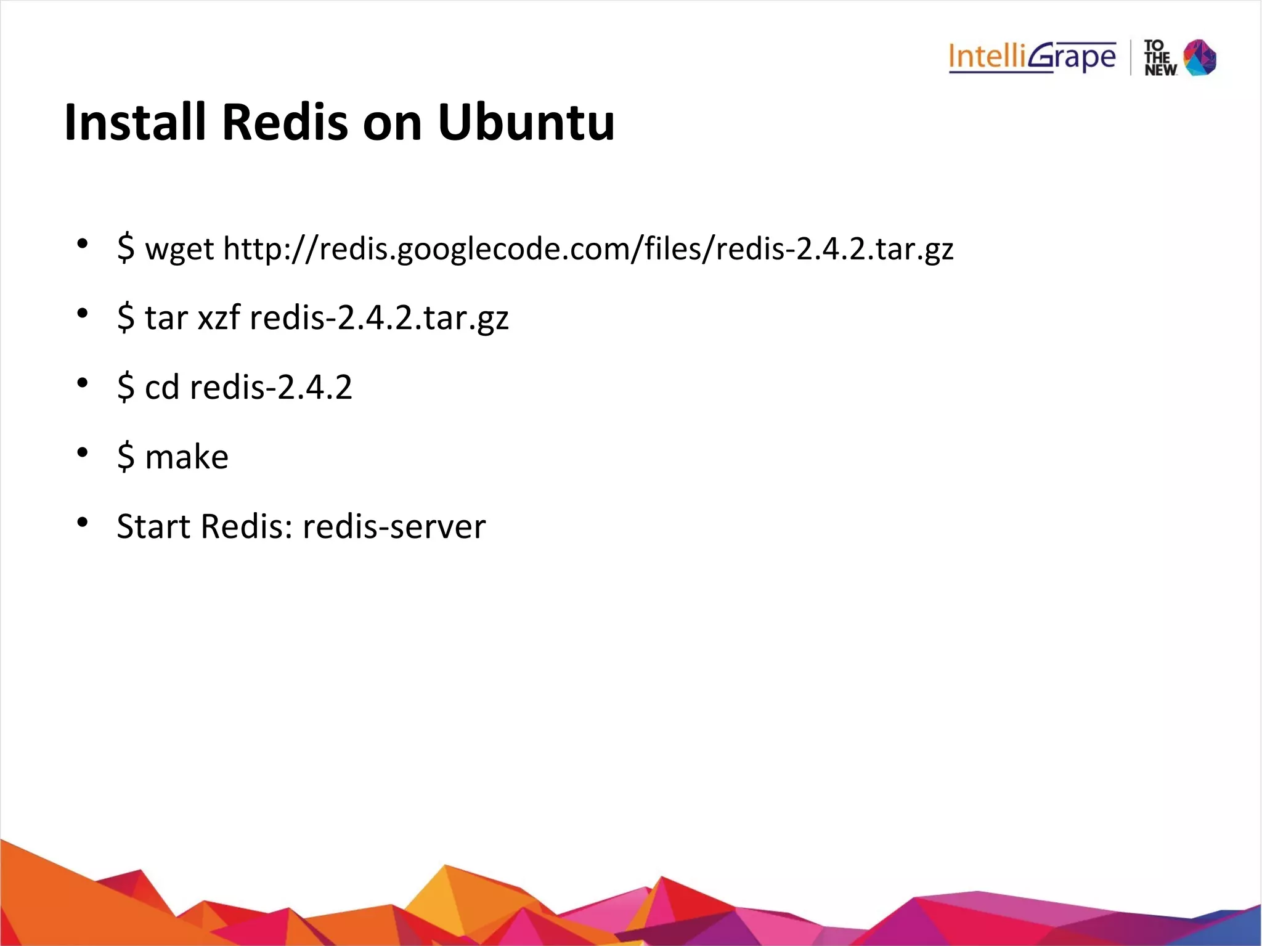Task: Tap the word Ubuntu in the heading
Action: tap(526, 122)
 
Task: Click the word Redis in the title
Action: tap(285, 122)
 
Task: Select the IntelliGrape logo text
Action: tap(1032, 57)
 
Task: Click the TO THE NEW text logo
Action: tap(1160, 58)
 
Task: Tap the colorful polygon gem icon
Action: tap(1200, 57)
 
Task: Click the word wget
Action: tap(179, 250)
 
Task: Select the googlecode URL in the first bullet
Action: tap(588, 250)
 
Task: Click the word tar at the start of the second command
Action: tap(166, 319)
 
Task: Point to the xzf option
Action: tap(219, 319)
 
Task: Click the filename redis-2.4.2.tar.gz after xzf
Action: tap(379, 319)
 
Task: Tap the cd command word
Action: tap(161, 388)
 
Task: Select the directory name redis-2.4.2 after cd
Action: tap(271, 388)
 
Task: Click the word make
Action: tap(187, 457)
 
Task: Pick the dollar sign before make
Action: tap(126, 457)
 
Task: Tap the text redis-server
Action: tap(394, 527)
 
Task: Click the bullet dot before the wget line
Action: tap(83, 245)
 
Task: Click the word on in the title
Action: tap(393, 122)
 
